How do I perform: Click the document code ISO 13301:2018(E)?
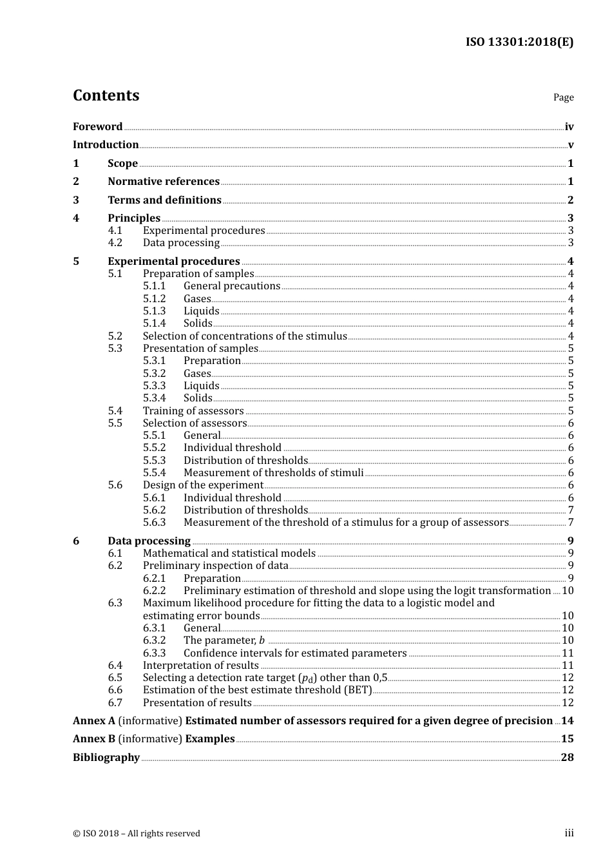tap(519, 42)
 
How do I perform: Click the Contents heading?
tap(106, 95)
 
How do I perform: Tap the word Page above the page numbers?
tap(563, 97)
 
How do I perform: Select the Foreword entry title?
tap(97, 127)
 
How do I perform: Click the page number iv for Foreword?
tap(569, 127)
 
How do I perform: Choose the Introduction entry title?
tap(106, 145)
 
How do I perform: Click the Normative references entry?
tap(164, 182)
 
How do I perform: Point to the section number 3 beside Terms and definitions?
tap(76, 200)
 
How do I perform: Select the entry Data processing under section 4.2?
tap(181, 243)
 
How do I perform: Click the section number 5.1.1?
tap(154, 286)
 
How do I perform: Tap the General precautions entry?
tap(232, 286)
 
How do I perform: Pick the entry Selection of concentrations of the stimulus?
tap(245, 336)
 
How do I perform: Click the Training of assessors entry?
tap(193, 411)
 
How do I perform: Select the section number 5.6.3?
tap(154, 523)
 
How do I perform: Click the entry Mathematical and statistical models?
tap(229, 553)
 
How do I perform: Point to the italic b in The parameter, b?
tap(262, 640)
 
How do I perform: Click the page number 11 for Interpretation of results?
tap(568, 666)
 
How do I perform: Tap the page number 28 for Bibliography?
tap(567, 758)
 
